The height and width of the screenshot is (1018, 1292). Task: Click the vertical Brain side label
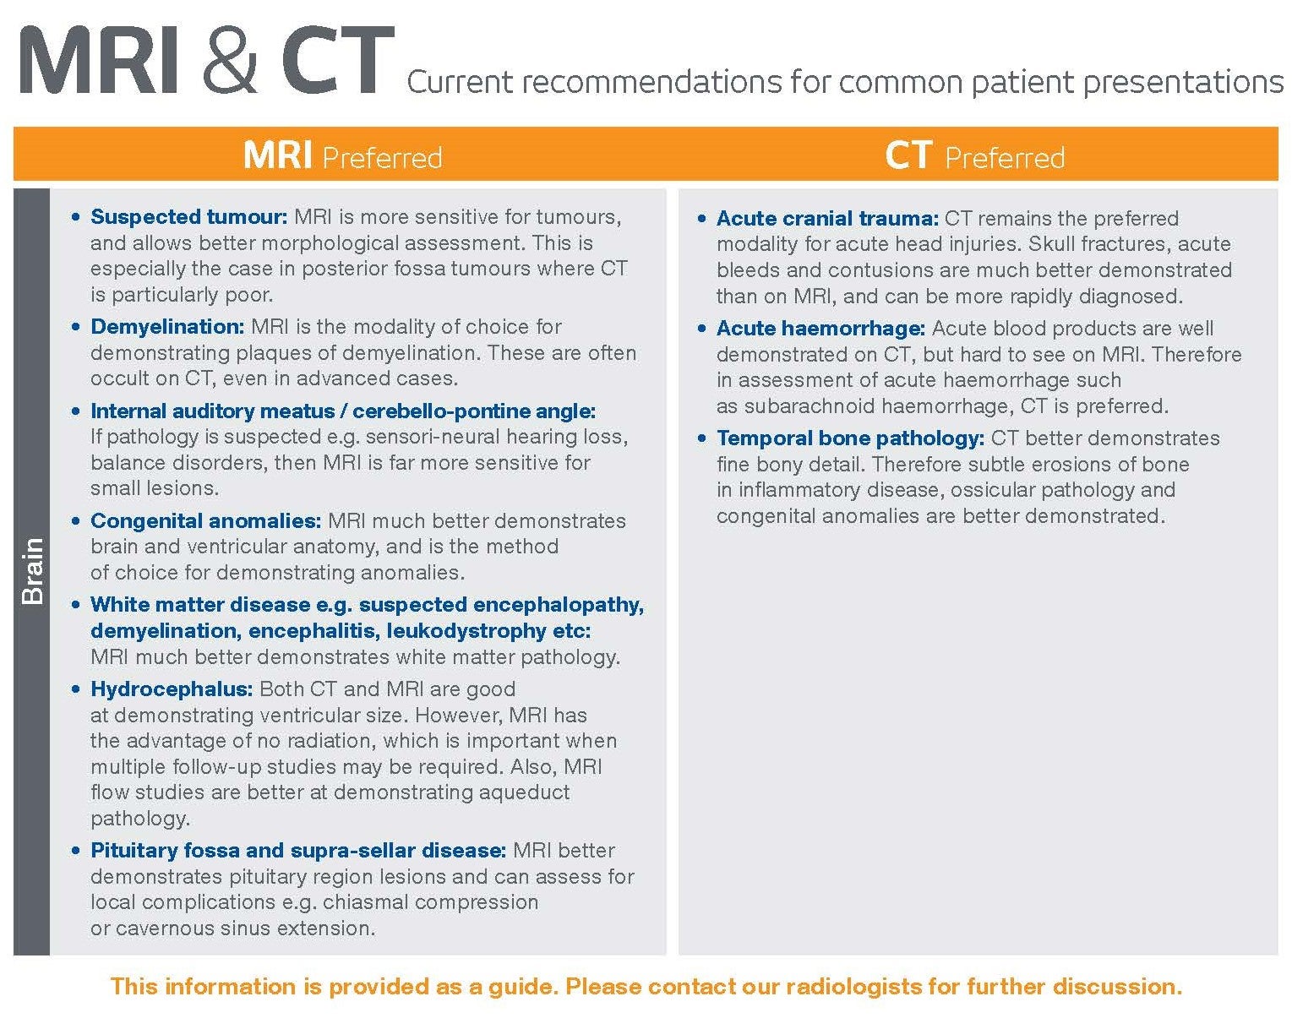[31, 571]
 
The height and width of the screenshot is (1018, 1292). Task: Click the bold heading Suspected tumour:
[189, 217]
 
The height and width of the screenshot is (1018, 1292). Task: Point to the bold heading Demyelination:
[167, 327]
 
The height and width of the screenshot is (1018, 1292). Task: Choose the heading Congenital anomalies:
[205, 521]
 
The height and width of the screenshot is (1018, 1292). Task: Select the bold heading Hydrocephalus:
[172, 689]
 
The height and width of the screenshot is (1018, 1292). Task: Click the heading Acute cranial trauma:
[827, 219]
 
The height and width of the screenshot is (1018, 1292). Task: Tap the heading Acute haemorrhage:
[820, 329]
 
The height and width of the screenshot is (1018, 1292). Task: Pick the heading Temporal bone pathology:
[850, 438]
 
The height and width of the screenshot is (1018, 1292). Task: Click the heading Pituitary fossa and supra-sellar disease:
[298, 851]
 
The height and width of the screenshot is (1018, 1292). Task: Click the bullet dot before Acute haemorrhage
[702, 329]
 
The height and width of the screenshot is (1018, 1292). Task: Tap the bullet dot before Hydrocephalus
[77, 689]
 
